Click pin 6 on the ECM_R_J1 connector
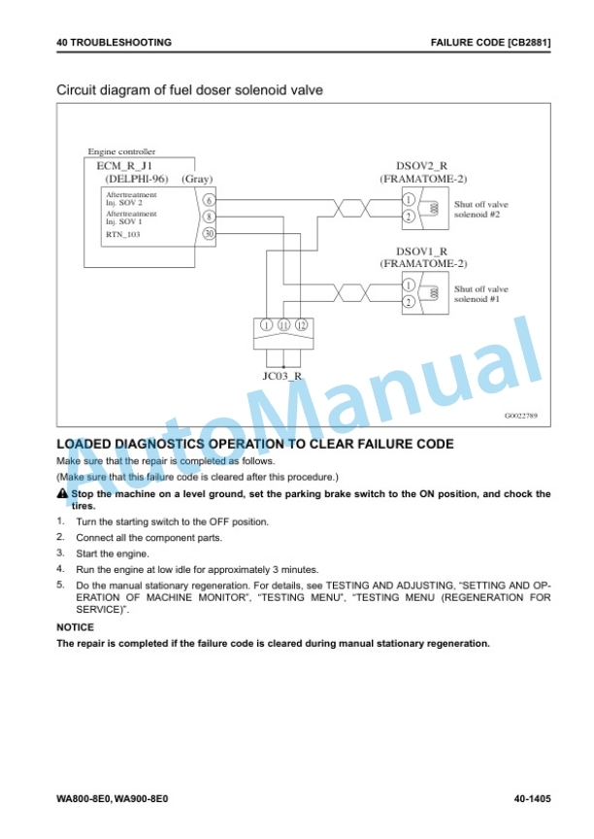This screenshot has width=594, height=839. (x=209, y=200)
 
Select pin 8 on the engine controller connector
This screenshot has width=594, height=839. (x=209, y=217)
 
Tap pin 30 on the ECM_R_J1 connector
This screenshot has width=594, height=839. (x=209, y=233)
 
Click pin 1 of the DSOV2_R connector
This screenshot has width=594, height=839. (x=409, y=200)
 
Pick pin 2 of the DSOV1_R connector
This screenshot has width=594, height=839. (x=409, y=302)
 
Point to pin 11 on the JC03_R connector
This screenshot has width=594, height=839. (x=283, y=324)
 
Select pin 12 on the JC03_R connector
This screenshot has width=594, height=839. (x=301, y=324)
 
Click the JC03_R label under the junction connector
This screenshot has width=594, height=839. (x=282, y=376)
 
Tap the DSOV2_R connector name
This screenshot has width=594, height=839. (x=421, y=166)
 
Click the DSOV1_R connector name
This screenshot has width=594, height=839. (x=421, y=251)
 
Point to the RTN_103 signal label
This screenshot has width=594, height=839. (x=123, y=234)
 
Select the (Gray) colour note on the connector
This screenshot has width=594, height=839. (x=197, y=179)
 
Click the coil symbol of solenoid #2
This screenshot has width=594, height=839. (x=435, y=208)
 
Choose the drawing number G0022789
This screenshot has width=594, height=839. (x=521, y=416)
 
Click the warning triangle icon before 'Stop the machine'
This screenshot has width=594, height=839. (x=62, y=493)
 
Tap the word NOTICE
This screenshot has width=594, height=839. (x=75, y=627)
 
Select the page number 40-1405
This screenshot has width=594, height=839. (x=532, y=799)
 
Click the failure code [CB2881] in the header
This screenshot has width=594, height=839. (x=529, y=43)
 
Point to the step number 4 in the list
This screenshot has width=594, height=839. (x=60, y=569)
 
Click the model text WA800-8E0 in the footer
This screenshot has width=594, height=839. (x=83, y=799)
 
